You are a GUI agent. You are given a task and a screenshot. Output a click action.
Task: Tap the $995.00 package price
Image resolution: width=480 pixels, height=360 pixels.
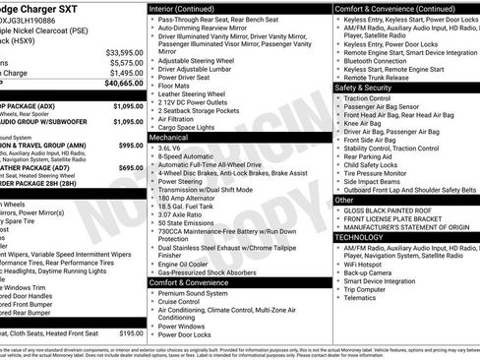[128, 145]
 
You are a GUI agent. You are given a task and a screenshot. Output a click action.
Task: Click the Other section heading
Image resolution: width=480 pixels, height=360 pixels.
[344, 200]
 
